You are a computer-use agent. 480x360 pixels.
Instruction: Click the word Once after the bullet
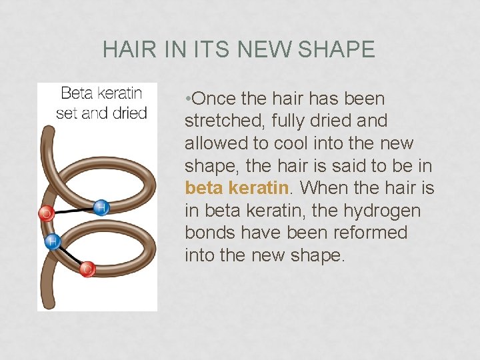point(214,99)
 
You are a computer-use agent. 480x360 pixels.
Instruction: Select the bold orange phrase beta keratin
point(239,188)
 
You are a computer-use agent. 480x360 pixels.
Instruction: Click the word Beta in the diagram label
point(77,94)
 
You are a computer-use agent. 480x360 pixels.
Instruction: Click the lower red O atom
point(87,269)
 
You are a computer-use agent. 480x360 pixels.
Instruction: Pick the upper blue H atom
point(101,207)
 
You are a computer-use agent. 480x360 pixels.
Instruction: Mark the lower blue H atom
point(51,241)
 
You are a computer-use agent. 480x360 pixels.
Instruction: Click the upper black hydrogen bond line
point(73,211)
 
